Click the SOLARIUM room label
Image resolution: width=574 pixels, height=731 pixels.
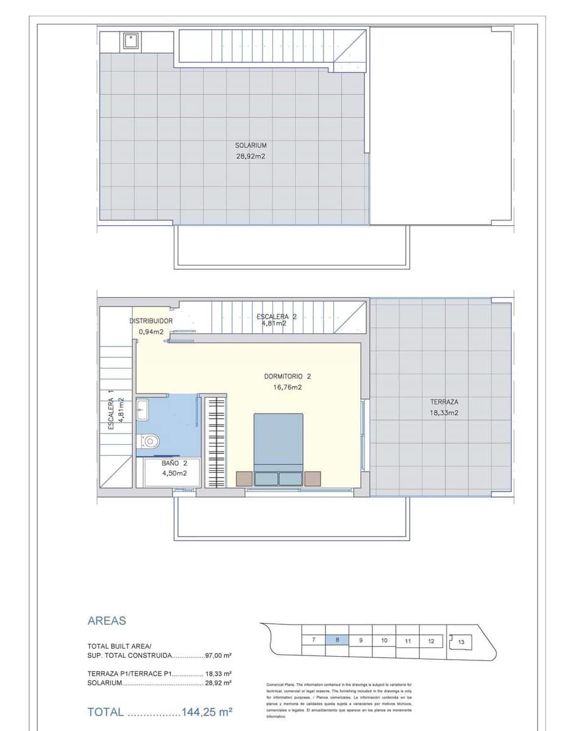point(251,146)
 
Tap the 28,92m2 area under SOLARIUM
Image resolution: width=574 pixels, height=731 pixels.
point(251,156)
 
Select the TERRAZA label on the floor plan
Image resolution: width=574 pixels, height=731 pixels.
point(444,402)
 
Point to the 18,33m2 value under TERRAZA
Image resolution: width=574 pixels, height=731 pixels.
point(444,412)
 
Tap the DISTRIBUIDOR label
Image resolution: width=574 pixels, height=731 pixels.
point(151,321)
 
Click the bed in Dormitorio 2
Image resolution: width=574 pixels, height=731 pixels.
point(278,448)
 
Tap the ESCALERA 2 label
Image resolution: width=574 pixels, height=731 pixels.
point(277,317)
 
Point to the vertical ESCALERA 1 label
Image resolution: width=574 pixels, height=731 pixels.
point(112,410)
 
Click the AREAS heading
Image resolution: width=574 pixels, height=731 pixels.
point(107,621)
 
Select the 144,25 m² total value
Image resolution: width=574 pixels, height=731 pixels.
point(207,712)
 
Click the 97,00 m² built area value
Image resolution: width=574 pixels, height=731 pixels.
point(218,655)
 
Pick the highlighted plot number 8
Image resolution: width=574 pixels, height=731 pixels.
point(337,640)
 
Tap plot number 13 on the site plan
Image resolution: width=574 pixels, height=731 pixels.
point(461,641)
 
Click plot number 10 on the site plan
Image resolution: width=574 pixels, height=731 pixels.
point(384,640)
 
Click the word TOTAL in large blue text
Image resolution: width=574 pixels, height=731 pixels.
point(106,712)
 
